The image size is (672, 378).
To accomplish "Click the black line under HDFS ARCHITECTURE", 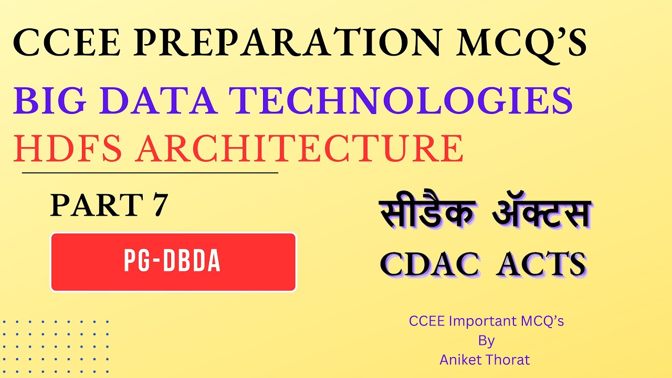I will pos(150,172).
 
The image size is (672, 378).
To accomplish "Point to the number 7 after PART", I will pos(159,205).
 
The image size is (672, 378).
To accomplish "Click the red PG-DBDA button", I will pos(173,262).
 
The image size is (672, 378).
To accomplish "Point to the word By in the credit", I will pos(486,341).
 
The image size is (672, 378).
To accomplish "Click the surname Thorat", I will pos(508,360).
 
